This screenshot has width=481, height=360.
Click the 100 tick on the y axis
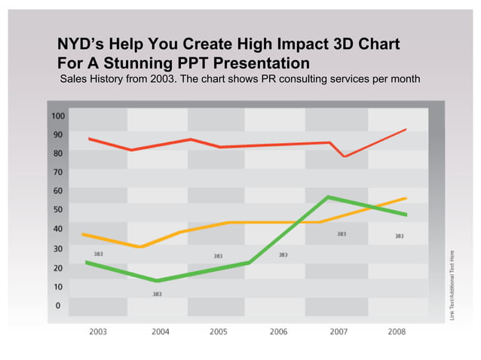click(58, 116)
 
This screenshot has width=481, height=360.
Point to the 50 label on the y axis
click(58, 209)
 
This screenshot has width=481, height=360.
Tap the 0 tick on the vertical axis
click(58, 306)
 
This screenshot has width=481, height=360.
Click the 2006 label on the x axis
click(279, 331)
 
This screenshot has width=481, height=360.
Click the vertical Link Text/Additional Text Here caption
click(452, 282)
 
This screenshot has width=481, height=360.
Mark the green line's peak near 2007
click(327, 197)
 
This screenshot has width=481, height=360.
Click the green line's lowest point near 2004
click(157, 280)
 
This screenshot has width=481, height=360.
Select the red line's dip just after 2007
click(345, 156)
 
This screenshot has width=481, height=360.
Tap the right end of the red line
click(406, 130)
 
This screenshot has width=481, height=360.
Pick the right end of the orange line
click(406, 199)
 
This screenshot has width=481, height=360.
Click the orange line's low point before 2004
click(139, 246)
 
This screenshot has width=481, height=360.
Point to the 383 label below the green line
click(157, 294)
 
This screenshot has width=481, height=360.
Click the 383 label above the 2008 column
click(400, 236)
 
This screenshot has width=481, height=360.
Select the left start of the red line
click(90, 139)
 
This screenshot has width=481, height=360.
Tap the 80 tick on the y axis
click(58, 153)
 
